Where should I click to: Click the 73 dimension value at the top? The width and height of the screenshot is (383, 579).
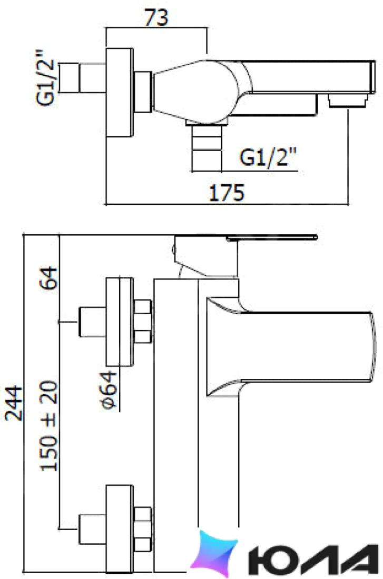[x=156, y=17]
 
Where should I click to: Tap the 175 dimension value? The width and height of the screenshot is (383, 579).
[x=227, y=192]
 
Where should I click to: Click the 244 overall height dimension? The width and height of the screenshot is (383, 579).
[x=14, y=403]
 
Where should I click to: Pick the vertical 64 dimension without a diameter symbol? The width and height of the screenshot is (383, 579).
[x=49, y=278]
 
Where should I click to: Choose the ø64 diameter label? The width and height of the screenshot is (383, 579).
[x=109, y=391]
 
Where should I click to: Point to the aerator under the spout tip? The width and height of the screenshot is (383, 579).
[x=348, y=101]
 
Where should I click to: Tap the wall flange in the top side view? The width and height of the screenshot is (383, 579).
[x=120, y=92]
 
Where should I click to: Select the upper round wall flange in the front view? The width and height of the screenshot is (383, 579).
[x=120, y=322]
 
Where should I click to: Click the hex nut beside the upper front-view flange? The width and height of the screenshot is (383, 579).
[x=143, y=321]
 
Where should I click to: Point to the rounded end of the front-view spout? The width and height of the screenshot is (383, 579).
[x=374, y=346]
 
